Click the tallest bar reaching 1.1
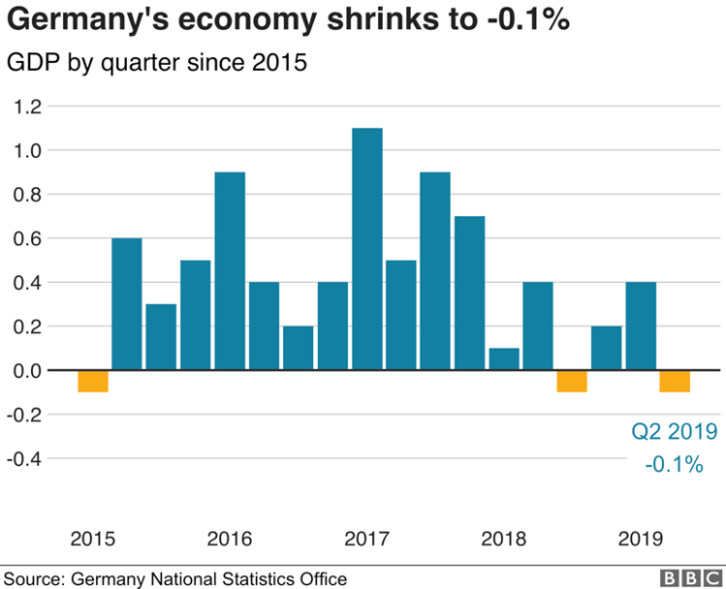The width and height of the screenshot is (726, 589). [x=366, y=248]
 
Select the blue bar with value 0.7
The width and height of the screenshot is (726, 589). [x=469, y=292]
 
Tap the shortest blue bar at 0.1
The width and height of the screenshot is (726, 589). [x=503, y=358]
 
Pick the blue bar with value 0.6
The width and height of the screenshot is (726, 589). [x=127, y=303]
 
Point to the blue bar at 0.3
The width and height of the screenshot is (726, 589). [x=161, y=336]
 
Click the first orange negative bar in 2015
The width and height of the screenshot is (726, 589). [x=93, y=381]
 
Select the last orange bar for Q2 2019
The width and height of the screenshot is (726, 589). [x=674, y=381]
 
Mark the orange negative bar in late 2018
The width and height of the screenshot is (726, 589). [x=572, y=381]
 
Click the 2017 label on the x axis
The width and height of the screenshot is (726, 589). [x=366, y=539]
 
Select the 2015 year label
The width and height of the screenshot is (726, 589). [x=93, y=539]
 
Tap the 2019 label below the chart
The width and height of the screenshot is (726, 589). [x=640, y=539]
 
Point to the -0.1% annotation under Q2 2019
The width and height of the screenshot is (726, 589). [x=674, y=464]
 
